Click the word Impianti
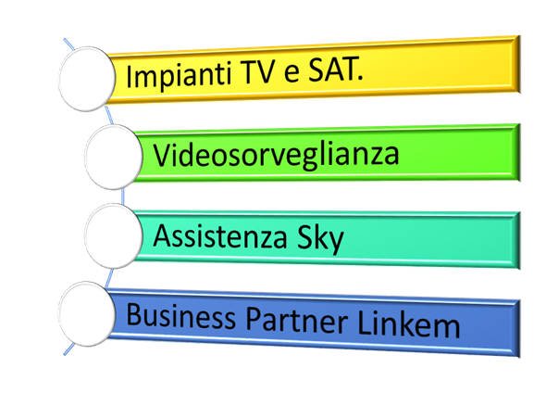pos(179,75)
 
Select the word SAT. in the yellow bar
pos(336,69)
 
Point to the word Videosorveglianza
pos(276,156)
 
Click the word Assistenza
pos(220,236)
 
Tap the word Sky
pos(320,240)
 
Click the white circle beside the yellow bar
pos(87,79)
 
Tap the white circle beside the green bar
pos(114,157)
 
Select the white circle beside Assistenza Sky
pos(114,235)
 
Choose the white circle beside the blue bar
pos(87,314)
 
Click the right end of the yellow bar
pos(519,64)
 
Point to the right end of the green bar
pos(519,152)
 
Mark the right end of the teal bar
pos(519,241)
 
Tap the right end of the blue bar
pos(519,329)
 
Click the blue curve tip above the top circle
pos(65,39)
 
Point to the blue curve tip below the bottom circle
pos(65,355)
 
